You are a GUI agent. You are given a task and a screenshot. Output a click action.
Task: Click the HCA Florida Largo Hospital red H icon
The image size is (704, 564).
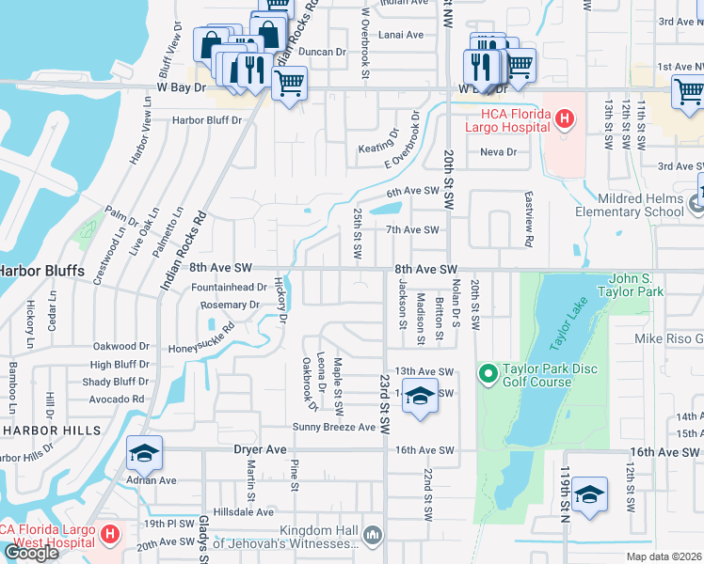click(x=564, y=119)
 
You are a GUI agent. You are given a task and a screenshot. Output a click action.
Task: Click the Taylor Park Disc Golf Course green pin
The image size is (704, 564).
click(x=488, y=375)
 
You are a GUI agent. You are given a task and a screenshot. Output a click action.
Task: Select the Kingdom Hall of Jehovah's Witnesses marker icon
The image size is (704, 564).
click(x=374, y=535)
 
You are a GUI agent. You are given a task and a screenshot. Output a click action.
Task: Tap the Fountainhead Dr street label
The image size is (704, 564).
click(x=229, y=287)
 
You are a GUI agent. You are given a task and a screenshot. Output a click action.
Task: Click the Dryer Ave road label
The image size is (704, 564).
click(x=259, y=450)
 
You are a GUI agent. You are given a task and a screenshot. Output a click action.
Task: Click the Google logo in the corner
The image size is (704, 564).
click(x=30, y=553)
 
